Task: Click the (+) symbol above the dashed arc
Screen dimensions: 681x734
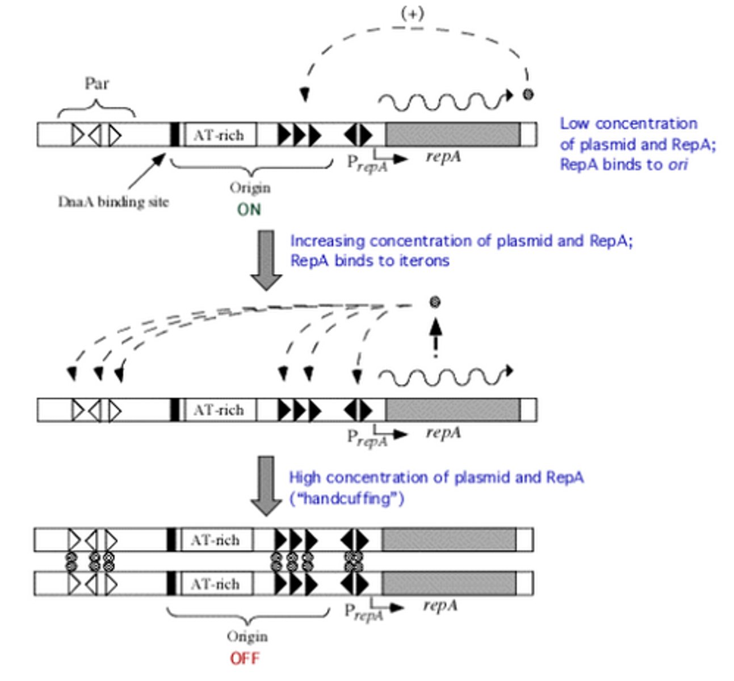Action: click(412, 14)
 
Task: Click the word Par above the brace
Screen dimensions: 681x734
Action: click(97, 83)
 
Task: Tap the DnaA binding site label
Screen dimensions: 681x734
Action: click(113, 202)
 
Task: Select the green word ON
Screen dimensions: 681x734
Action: click(249, 209)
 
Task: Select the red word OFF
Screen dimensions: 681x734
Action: click(245, 659)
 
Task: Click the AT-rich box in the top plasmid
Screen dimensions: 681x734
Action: click(219, 135)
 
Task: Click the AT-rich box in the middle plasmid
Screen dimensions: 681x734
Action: click(219, 410)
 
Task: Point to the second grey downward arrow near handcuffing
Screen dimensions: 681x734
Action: click(266, 485)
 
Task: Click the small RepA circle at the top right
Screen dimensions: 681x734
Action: click(528, 95)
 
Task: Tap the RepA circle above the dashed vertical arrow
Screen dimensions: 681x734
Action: click(435, 302)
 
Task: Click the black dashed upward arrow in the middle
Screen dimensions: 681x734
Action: click(435, 337)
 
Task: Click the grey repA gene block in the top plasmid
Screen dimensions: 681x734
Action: click(452, 135)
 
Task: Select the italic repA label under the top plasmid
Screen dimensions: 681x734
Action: click(443, 157)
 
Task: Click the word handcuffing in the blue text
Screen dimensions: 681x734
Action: click(347, 499)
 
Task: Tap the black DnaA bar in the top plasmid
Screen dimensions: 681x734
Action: click(175, 135)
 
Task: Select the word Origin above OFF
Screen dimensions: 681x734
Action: click(247, 637)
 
